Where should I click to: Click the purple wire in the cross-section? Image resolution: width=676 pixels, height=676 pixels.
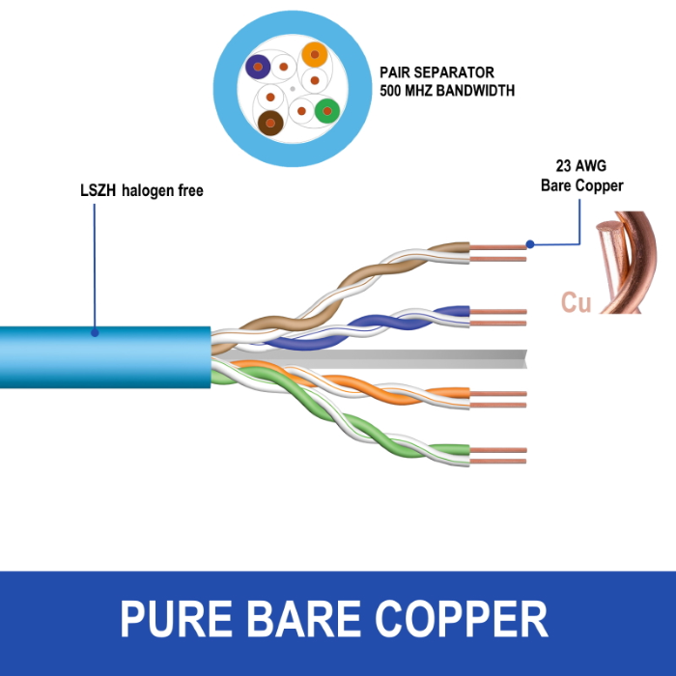point(258,67)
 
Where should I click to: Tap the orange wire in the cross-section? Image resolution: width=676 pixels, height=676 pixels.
point(315,55)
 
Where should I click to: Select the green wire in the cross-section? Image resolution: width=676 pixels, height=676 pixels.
point(327,111)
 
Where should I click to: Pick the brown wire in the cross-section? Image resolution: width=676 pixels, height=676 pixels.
point(270,124)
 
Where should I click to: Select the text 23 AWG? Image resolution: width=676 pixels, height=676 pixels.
point(581,165)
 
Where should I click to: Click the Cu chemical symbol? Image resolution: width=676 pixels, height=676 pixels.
point(576,302)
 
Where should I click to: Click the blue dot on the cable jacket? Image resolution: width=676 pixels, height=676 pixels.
point(95,333)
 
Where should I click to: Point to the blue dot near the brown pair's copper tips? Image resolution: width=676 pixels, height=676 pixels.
point(530,244)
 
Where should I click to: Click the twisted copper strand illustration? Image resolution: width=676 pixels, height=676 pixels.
point(627,262)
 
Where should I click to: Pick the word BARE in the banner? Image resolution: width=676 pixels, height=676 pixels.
point(303,618)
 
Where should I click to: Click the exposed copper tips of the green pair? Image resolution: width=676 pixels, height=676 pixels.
point(498,456)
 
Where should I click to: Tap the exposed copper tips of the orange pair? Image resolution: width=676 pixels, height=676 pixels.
point(498,399)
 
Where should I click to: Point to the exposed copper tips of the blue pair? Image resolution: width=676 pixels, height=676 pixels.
point(498,318)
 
